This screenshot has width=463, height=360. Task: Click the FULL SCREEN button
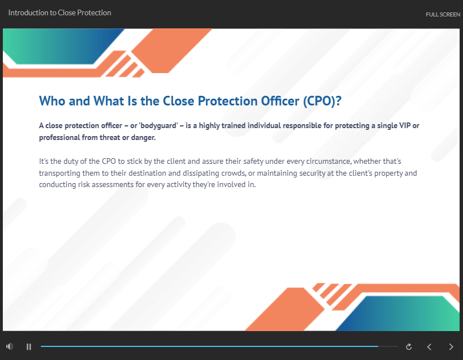pyautogui.click(x=443, y=15)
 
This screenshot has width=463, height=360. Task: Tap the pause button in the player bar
pyautogui.click(x=29, y=347)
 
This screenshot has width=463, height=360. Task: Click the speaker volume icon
pyautogui.click(x=10, y=346)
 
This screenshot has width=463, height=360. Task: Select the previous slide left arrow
pyautogui.click(x=430, y=347)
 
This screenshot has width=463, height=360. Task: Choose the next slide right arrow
pyautogui.click(x=451, y=347)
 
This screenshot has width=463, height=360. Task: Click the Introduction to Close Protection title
pyautogui.click(x=60, y=12)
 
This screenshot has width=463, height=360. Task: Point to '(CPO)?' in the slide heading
pyautogui.click(x=322, y=101)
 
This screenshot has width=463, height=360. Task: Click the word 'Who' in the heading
pyautogui.click(x=52, y=101)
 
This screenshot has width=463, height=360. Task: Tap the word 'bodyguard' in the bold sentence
pyautogui.click(x=159, y=126)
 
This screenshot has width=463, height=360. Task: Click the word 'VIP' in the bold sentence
pyautogui.click(x=405, y=125)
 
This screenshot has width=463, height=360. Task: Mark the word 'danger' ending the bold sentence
pyautogui.click(x=143, y=138)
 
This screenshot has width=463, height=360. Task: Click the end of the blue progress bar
pyautogui.click(x=377, y=346)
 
